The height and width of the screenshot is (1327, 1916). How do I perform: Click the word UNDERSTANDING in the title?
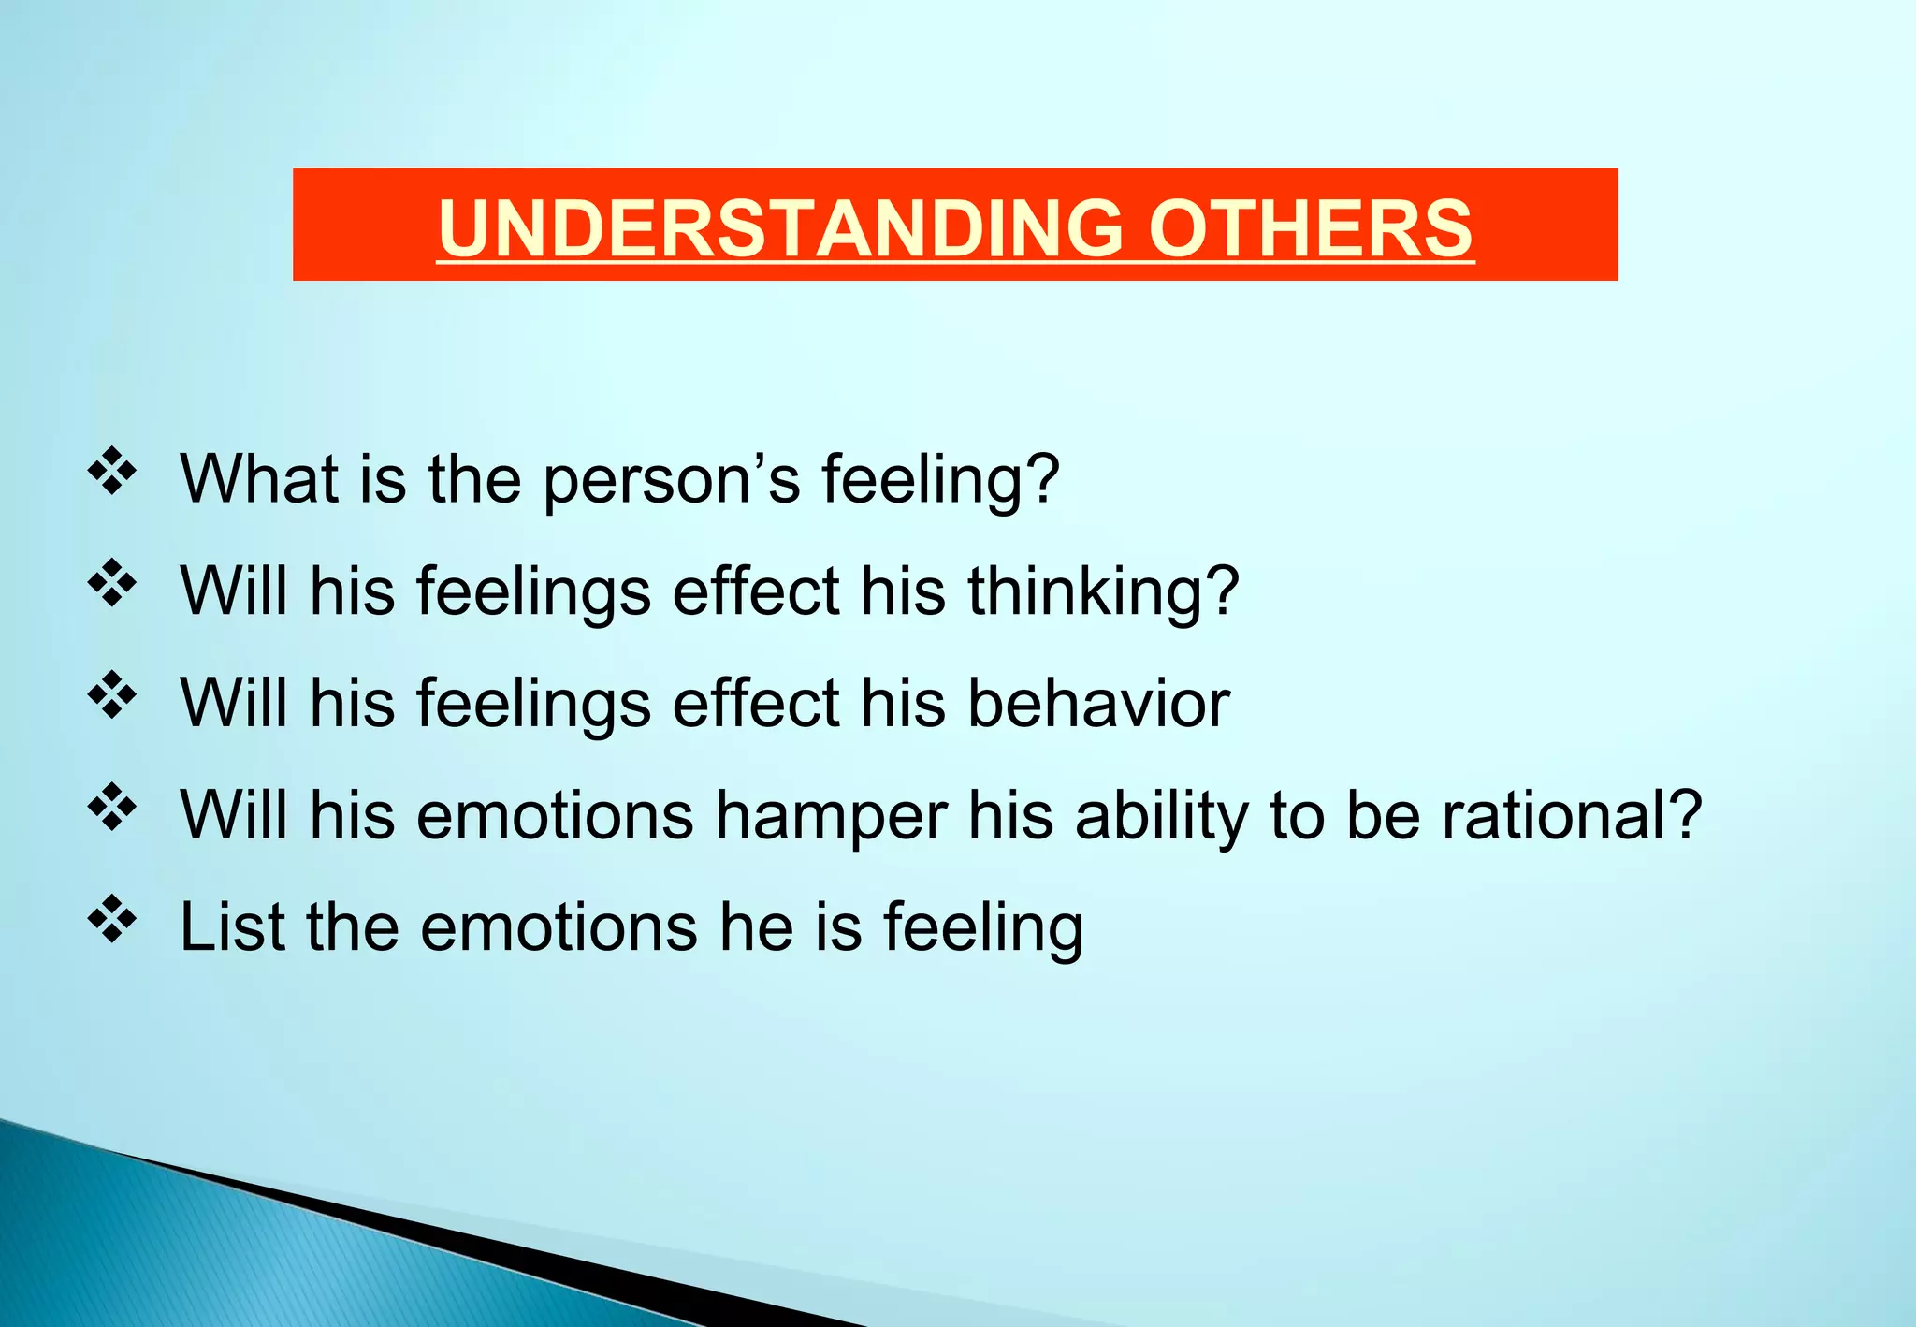(781, 228)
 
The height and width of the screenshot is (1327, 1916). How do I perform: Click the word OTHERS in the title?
(1310, 228)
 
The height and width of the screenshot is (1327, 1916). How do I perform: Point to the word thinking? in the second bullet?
(1102, 592)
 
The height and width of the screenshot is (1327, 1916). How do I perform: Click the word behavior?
(1097, 704)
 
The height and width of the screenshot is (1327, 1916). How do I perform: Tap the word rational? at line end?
(1572, 816)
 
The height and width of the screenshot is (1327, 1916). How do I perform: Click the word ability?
(1161, 816)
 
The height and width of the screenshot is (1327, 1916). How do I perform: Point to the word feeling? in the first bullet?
(940, 481)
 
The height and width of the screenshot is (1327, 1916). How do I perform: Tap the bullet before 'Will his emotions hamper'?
(112, 807)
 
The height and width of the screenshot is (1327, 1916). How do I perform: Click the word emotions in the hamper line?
(555, 816)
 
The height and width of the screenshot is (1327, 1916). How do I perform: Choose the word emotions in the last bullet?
(559, 927)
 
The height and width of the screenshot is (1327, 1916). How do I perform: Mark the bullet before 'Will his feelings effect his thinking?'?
(112, 583)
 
